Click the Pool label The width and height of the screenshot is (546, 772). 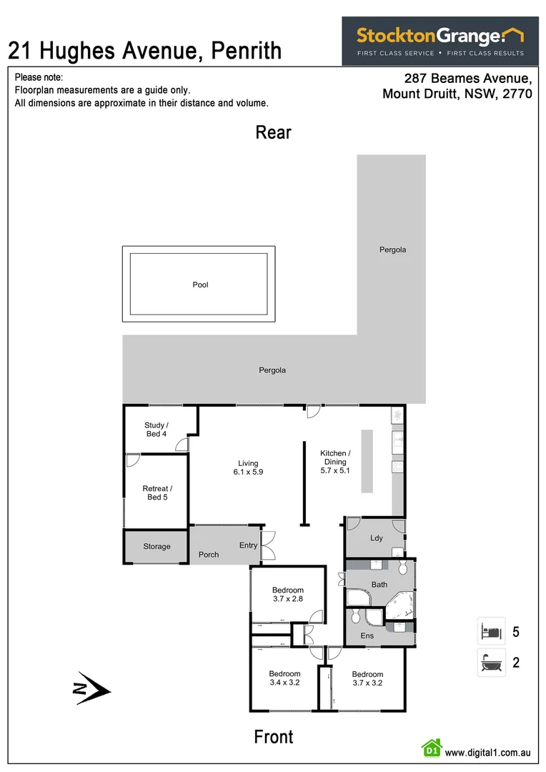[x=200, y=285]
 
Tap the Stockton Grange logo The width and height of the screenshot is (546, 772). [x=440, y=41]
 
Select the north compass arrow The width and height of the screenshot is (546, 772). [x=93, y=689]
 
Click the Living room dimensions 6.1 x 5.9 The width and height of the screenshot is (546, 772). [x=248, y=472]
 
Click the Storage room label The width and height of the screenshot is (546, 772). [x=157, y=547]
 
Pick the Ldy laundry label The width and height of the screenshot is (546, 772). [x=376, y=538]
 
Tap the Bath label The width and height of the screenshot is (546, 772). [x=379, y=585]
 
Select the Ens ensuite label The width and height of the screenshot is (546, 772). [x=367, y=635]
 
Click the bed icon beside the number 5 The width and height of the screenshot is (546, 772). [x=491, y=632]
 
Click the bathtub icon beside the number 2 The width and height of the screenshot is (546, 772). [x=491, y=663]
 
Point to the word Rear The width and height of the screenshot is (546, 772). [x=274, y=132]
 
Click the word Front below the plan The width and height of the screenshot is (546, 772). [x=274, y=737]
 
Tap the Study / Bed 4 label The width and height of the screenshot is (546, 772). [x=156, y=430]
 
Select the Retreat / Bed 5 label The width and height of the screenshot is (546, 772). [x=156, y=493]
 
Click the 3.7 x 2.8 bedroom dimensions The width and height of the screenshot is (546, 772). [x=288, y=599]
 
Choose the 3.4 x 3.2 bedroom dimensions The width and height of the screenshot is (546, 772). [x=284, y=683]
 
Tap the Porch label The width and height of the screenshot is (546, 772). [x=209, y=555]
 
